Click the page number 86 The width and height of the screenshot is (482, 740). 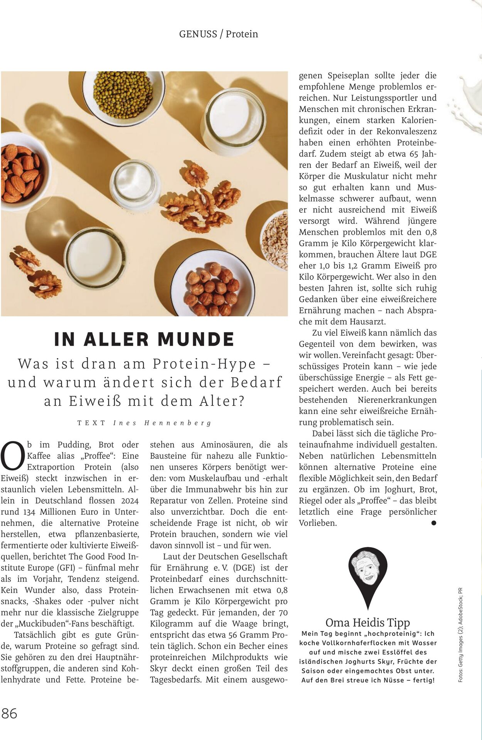9,713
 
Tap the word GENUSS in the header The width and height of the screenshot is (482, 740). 198,34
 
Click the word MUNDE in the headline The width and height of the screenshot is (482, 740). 196,339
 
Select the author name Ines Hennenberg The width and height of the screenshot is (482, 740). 162,423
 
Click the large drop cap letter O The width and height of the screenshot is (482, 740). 13,456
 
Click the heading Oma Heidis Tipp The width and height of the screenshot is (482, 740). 367,622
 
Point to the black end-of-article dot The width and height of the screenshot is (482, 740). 433,523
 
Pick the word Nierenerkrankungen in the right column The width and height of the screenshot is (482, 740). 397,400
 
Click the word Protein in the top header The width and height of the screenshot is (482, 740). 242,34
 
